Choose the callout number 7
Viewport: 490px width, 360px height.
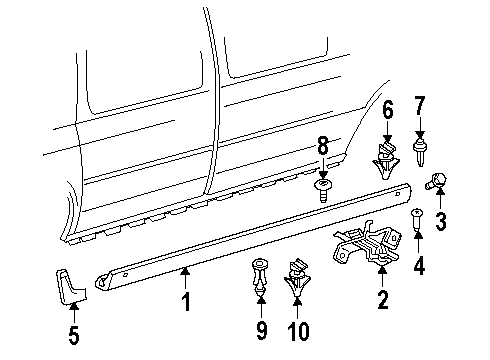[420, 106]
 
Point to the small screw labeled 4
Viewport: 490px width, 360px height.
[416, 223]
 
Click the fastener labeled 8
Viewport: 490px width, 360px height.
[323, 188]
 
